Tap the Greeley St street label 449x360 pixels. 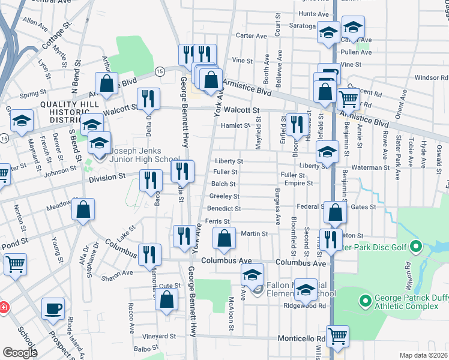tap(224, 196)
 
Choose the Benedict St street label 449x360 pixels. tap(224, 209)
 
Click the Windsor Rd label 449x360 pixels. tap(427, 77)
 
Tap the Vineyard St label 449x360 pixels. tap(159, 337)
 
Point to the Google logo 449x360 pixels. tap(19, 352)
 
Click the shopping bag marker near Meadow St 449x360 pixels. tap(85, 209)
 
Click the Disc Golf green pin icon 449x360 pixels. tap(416, 247)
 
